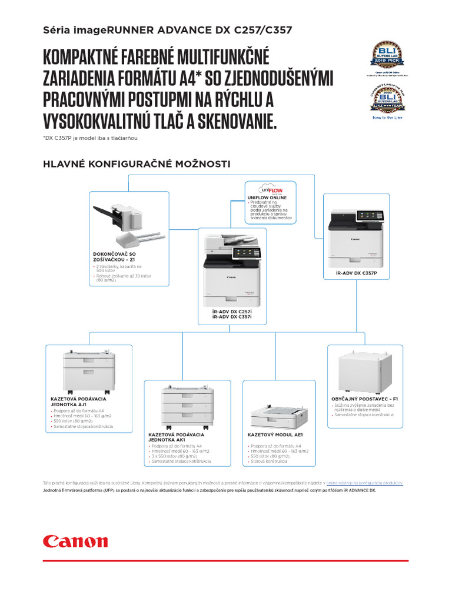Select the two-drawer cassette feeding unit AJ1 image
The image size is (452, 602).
89,372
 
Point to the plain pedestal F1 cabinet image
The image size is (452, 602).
365,372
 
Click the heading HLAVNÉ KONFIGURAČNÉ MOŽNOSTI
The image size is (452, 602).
137,163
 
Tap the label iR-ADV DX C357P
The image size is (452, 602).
357,273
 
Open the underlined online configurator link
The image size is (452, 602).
364,483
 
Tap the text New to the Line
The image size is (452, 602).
387,118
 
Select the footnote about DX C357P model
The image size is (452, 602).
94,138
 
